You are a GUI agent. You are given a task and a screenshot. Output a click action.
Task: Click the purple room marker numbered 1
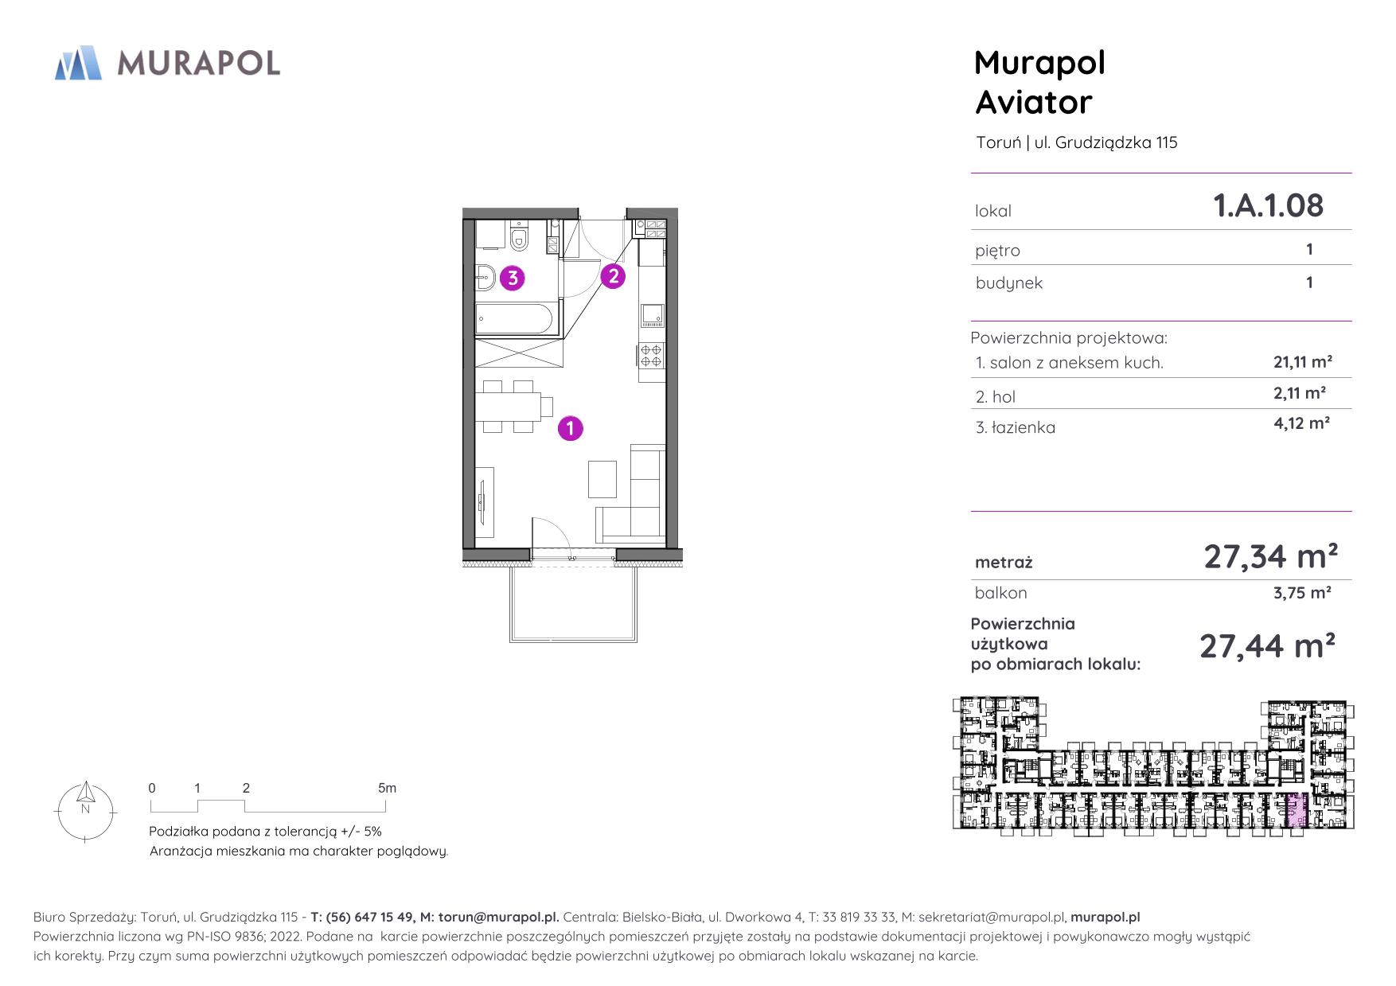click(x=571, y=428)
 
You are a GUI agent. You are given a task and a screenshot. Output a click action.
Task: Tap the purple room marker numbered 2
click(x=613, y=276)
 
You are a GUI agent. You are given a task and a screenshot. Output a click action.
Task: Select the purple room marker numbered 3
click(x=513, y=278)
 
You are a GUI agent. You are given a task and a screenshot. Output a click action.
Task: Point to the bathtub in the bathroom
click(x=514, y=318)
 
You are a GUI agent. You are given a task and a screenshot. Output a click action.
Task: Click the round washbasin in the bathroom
click(x=485, y=278)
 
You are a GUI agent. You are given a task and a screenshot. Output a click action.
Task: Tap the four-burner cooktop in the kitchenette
click(x=651, y=355)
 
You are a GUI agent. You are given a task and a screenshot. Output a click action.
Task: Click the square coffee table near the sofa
click(x=602, y=478)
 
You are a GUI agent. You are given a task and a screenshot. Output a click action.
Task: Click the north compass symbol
click(x=85, y=811)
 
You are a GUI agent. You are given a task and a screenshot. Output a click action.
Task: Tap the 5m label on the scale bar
click(x=387, y=788)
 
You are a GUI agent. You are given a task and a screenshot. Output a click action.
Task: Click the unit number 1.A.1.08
click(x=1268, y=205)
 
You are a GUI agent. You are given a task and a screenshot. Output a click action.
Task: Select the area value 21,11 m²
click(x=1303, y=362)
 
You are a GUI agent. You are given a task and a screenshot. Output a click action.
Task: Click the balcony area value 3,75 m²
click(x=1302, y=592)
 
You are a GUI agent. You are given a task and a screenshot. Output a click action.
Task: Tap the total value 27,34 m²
click(x=1270, y=556)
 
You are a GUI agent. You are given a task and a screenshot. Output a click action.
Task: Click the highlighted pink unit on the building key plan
click(x=1297, y=813)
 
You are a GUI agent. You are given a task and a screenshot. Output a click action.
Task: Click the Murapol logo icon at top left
click(x=78, y=63)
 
